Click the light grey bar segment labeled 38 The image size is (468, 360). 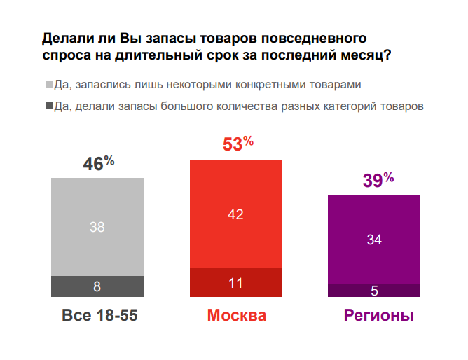pos(97,226)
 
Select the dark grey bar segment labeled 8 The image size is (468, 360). pos(97,286)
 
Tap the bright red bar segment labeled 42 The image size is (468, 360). pos(235,214)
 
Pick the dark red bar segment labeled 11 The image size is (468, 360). pos(235,283)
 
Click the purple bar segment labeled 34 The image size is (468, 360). pos(373,239)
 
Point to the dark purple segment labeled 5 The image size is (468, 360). pos(373,290)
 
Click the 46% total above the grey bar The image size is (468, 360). pos(98,164)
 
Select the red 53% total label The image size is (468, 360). pos(238,144)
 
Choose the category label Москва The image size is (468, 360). pos(237,316)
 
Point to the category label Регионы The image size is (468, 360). pos(378,316)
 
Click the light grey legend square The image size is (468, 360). pos(48,85)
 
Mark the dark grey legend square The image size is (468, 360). pos(48,106)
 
